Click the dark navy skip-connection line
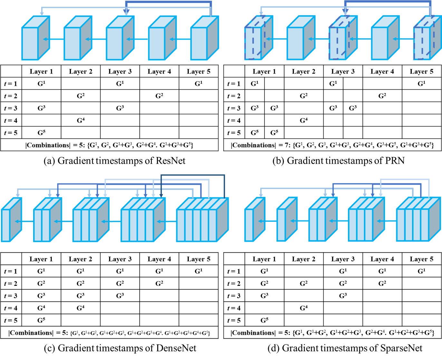[193, 175]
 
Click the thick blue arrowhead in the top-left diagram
[126, 12]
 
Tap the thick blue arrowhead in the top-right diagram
[345, 12]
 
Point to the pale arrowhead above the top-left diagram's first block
[42, 14]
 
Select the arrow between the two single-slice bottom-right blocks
[267, 221]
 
